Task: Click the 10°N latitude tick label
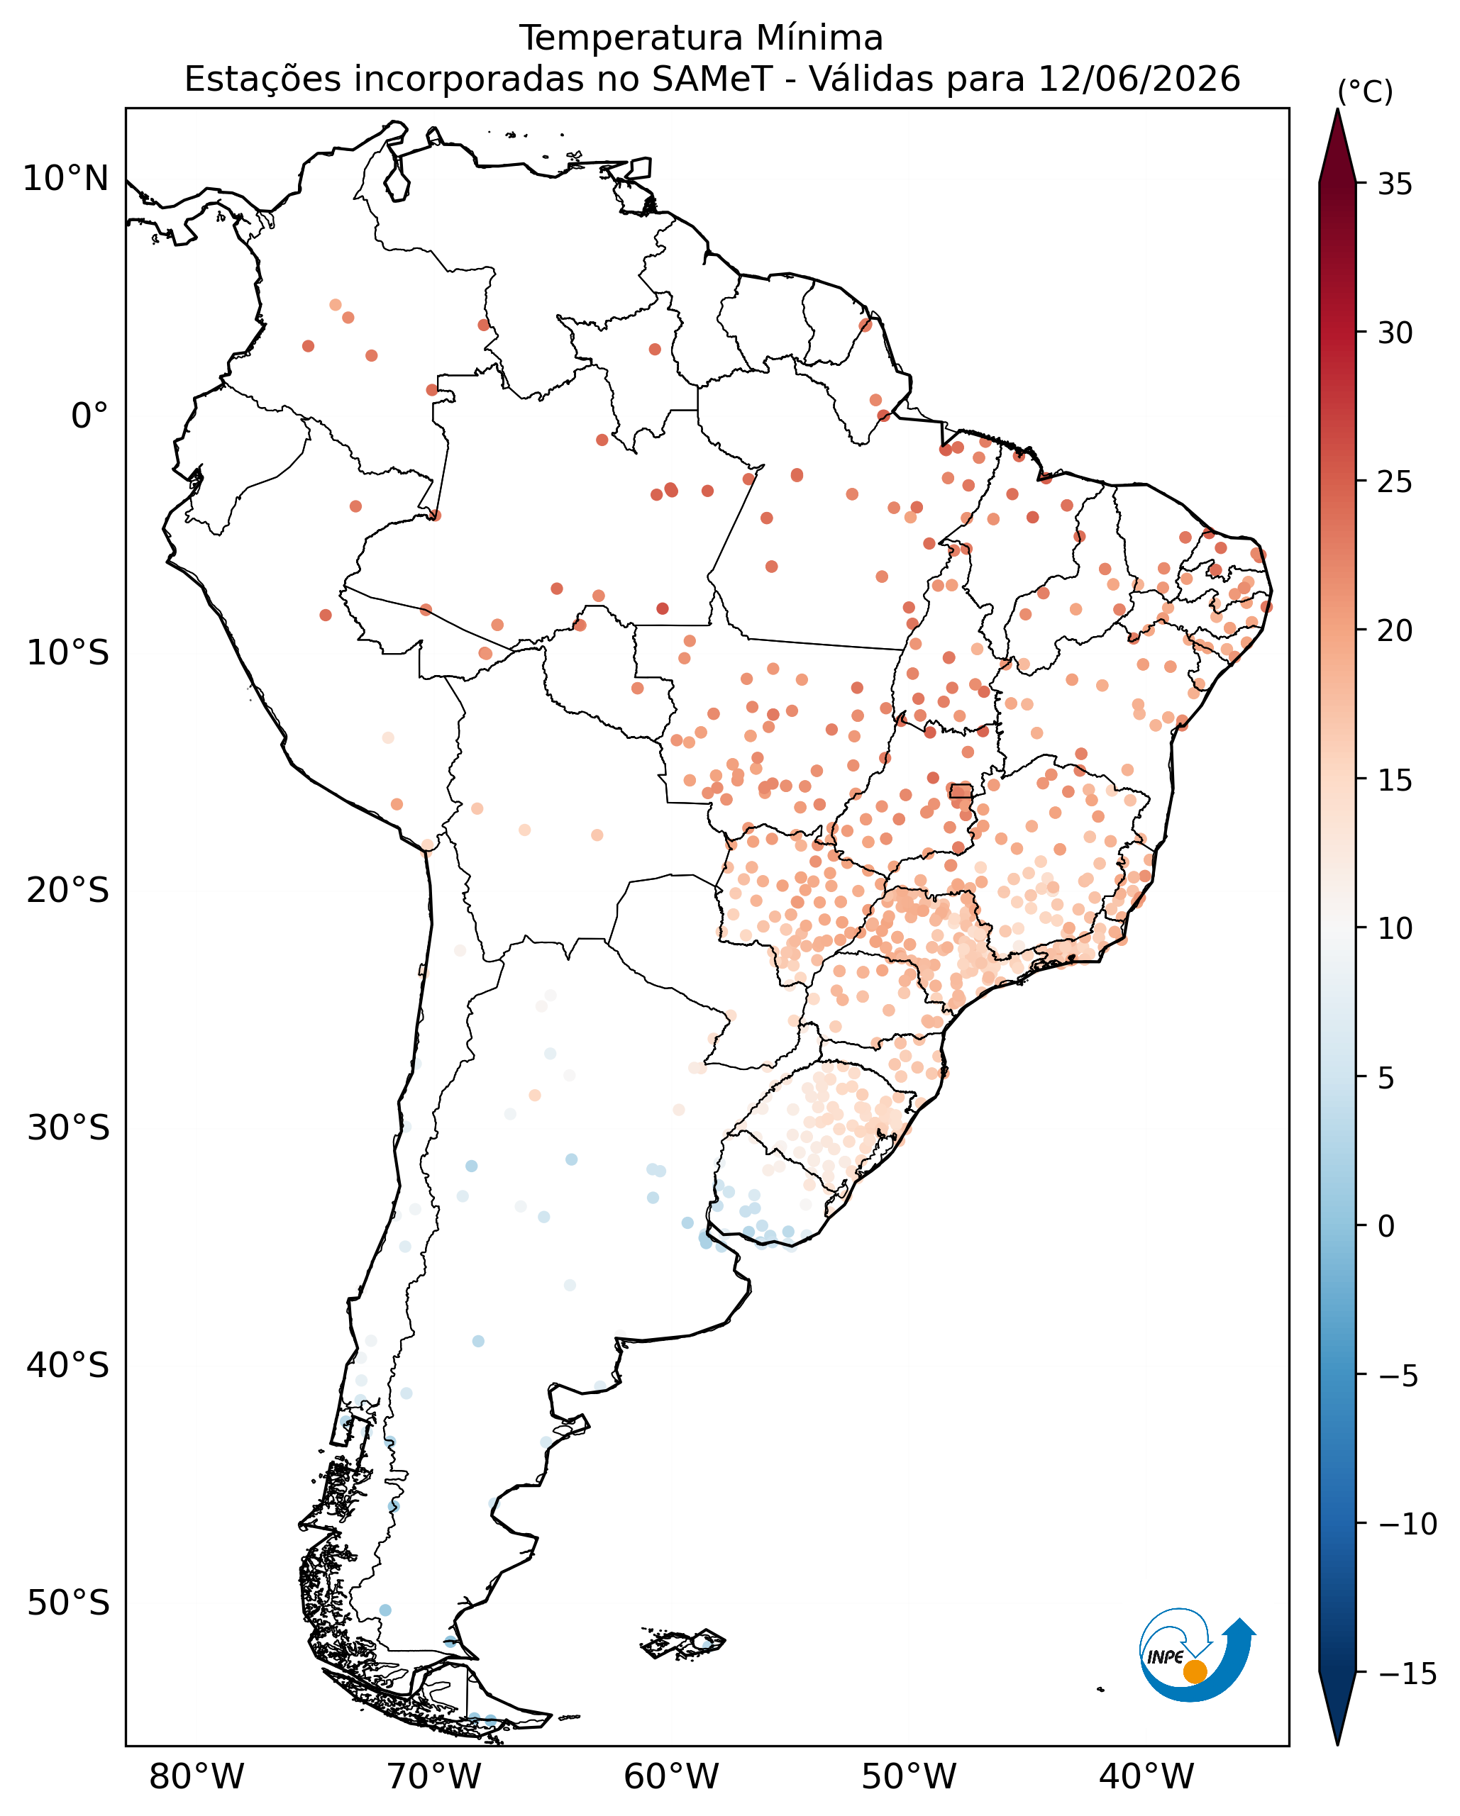(66, 179)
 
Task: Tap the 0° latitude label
(89, 416)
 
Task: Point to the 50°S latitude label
(68, 1603)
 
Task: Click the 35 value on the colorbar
(1395, 184)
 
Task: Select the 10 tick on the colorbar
(1395, 928)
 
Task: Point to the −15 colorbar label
(1407, 1673)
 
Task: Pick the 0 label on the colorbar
(1387, 1227)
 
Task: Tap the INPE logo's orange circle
(1195, 1671)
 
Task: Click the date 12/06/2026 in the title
(1139, 79)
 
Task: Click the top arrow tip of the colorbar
(1337, 109)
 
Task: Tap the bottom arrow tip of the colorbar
(1337, 1744)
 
